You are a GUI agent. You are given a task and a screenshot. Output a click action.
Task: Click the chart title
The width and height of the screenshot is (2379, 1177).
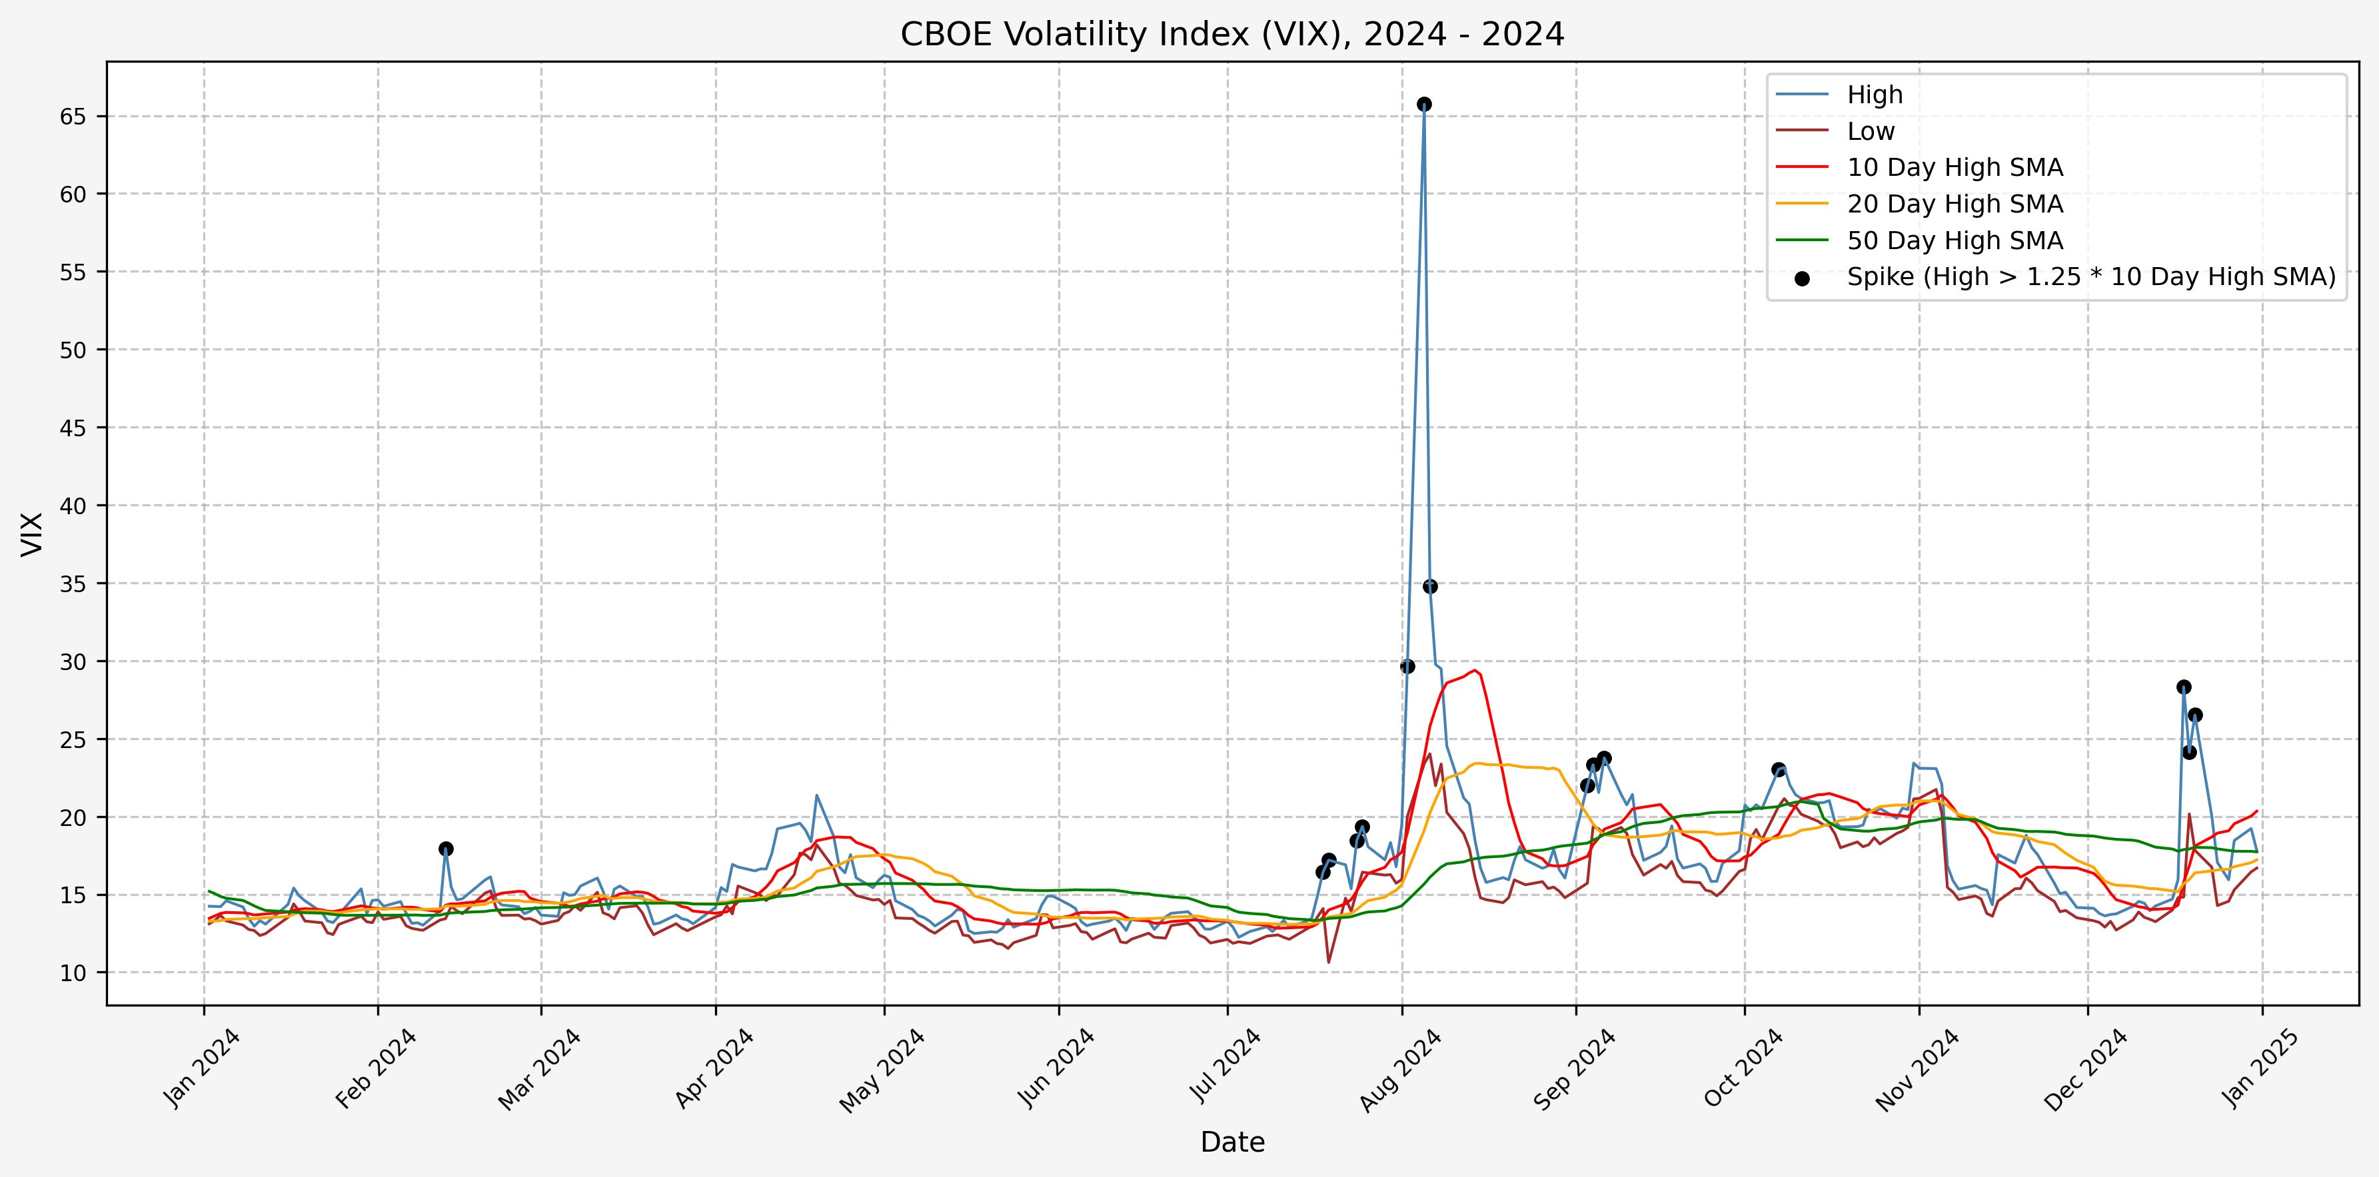[x=1232, y=34]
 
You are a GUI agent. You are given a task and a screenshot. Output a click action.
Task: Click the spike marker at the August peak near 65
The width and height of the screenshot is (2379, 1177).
[x=1424, y=105]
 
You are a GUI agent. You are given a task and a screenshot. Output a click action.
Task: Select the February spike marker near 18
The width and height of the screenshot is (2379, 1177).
[x=446, y=849]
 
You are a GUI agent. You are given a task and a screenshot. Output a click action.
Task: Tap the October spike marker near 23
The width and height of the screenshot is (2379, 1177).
[x=1779, y=769]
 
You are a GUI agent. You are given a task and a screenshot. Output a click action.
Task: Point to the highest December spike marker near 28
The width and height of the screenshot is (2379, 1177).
[x=2183, y=687]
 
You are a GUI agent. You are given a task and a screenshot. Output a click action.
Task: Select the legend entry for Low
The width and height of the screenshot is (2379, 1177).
[x=1870, y=131]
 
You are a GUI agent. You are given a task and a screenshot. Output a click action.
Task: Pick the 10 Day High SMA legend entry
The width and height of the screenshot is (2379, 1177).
[x=1954, y=167]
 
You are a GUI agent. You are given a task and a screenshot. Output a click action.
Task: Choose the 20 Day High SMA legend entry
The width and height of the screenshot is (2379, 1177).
[x=1954, y=204]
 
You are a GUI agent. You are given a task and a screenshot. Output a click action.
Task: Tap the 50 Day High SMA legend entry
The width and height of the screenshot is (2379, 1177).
[x=1954, y=240]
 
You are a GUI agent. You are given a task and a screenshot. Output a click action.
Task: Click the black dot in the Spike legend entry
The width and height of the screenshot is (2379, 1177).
[x=1802, y=278]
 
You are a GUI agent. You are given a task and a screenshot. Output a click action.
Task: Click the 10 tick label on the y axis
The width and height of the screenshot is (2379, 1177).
[x=74, y=973]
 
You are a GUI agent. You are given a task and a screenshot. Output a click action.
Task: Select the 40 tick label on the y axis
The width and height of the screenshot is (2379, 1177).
[x=74, y=506]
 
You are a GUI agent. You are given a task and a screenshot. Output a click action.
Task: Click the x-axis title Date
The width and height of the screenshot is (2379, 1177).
[x=1232, y=1142]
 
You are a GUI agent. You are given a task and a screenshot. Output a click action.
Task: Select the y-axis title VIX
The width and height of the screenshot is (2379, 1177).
[x=33, y=534]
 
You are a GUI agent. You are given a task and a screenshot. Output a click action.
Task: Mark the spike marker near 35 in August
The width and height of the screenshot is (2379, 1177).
[x=1429, y=586]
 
